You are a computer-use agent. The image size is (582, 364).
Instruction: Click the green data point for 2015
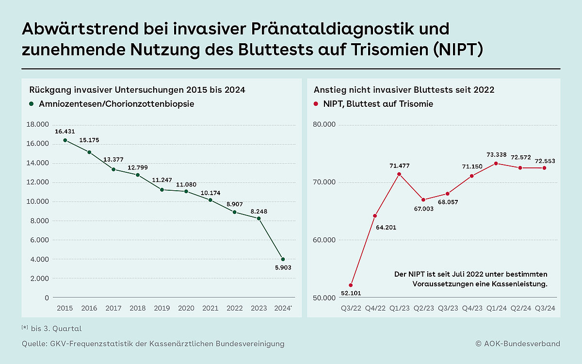[65, 140]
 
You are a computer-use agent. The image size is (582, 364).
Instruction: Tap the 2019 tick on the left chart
[162, 308]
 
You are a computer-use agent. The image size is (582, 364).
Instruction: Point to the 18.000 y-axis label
[39, 124]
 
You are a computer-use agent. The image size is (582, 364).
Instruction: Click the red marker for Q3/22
[351, 285]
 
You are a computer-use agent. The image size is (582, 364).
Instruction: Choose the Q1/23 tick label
[399, 308]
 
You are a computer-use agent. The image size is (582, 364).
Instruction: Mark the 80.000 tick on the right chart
[323, 124]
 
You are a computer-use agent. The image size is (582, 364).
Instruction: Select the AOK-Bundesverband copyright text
[517, 344]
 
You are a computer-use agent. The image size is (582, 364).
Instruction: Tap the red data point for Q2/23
[423, 199]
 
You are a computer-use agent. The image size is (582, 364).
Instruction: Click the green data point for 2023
[259, 218]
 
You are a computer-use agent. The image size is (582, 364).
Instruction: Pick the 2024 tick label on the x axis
[283, 308]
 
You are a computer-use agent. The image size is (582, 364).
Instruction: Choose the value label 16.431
[65, 132]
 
